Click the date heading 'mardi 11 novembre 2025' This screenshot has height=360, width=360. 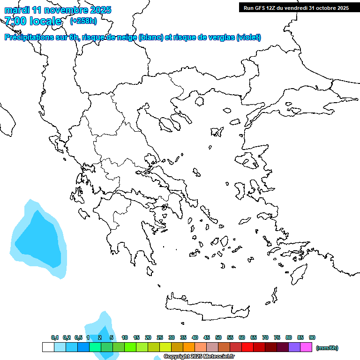click(58, 10)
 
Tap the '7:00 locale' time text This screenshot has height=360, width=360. click(33, 21)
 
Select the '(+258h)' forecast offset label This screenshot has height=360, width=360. click(83, 21)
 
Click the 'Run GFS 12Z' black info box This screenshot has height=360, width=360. click(296, 7)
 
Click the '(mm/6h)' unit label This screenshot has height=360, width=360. click(327, 348)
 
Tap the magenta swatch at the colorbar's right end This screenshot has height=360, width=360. click(306, 347)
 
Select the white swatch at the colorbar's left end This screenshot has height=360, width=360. click(48, 347)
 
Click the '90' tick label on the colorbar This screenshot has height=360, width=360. click(312, 337)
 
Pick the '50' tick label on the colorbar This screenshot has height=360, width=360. click(218, 337)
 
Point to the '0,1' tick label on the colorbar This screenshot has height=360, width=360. click(55, 337)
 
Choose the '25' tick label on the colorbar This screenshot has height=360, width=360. click(160, 337)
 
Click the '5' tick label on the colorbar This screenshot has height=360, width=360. click(112, 337)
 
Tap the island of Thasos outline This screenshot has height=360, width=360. click(199, 100)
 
